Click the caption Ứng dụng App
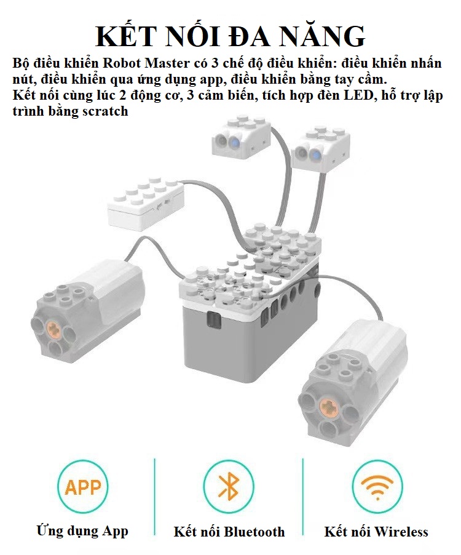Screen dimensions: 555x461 [x=82, y=530]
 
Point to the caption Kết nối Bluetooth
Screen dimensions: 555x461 [x=229, y=532]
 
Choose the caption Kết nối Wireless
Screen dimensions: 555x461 [x=376, y=532]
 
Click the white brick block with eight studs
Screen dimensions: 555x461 [x=145, y=204]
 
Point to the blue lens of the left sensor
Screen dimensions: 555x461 [x=235, y=143]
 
